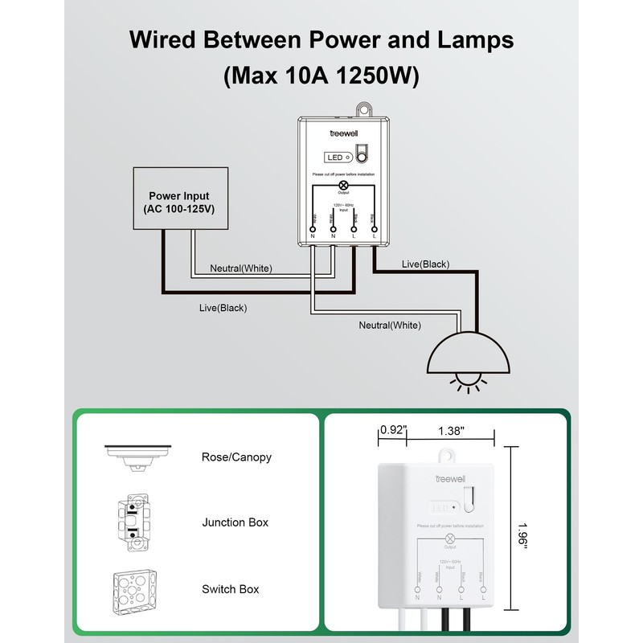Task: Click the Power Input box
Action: tap(179, 201)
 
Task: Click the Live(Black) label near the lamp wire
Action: tap(425, 264)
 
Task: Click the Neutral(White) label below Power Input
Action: tap(240, 268)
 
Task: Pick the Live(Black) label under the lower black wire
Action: tap(223, 308)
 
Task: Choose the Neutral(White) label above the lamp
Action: tap(390, 325)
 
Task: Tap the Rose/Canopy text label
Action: tap(236, 457)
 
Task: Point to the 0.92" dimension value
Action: tap(393, 431)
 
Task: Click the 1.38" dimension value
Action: tap(451, 431)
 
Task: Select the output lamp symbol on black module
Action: tap(344, 184)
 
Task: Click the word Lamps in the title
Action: tap(470, 40)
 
